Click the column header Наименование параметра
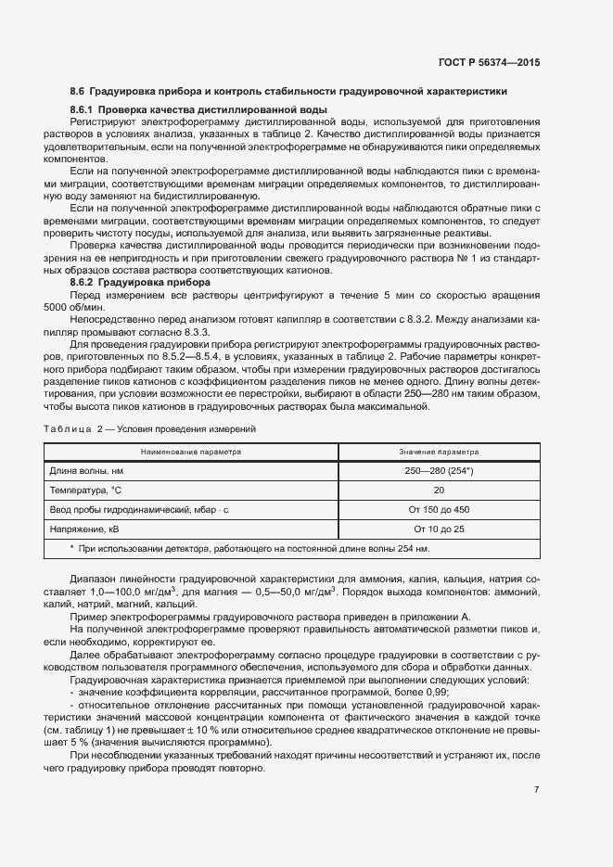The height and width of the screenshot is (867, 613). pos(190,452)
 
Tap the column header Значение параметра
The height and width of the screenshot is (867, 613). pos(439,452)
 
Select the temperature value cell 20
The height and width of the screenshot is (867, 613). pos(439,491)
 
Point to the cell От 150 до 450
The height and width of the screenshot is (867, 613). pos(439,509)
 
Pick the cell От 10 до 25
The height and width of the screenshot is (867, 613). pos(439,529)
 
